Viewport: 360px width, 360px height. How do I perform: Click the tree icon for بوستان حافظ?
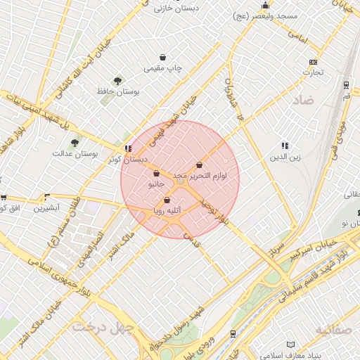(x=117, y=81)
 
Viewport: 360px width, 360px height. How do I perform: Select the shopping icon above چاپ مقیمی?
(x=163, y=58)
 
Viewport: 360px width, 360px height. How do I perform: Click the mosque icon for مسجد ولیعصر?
(x=265, y=5)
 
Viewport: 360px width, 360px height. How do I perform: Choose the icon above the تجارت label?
(x=313, y=62)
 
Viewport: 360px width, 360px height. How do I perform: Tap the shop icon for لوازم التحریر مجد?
(x=200, y=165)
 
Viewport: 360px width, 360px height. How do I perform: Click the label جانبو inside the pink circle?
(x=155, y=184)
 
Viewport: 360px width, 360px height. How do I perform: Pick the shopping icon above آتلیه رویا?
(x=167, y=200)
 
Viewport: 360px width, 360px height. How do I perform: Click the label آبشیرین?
(x=51, y=208)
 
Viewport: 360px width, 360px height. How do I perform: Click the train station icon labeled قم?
(x=346, y=84)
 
